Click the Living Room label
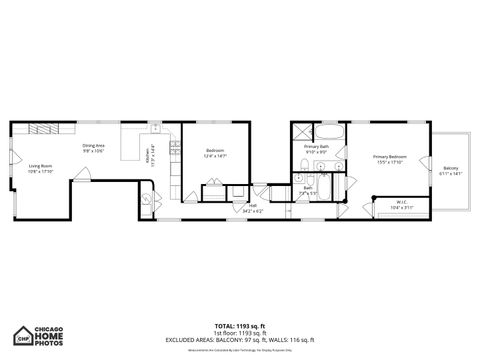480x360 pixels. coord(39,169)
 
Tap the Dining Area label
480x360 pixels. coord(95,148)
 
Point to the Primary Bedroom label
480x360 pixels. coord(389,159)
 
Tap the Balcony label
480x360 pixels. coord(451,170)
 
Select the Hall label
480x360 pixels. coord(252,208)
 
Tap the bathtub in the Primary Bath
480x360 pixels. coord(330,132)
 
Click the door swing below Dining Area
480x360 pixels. coord(81,176)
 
